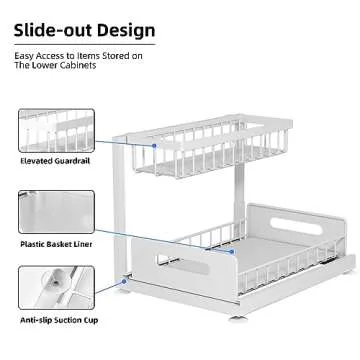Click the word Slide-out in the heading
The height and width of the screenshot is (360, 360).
pos(46,30)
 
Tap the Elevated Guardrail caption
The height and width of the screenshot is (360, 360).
pos(55,160)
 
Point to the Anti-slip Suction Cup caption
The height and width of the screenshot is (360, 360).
pos(59,322)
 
